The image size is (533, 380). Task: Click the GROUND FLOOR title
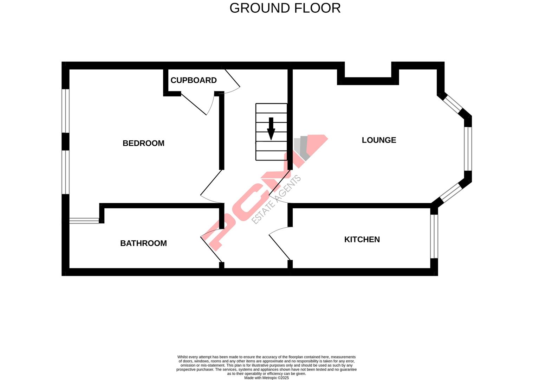click(285, 8)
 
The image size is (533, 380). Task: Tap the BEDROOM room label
click(143, 143)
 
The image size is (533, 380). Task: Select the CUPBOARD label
click(194, 80)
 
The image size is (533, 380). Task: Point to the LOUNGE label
click(379, 140)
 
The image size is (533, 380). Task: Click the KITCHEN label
click(362, 240)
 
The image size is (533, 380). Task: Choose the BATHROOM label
click(143, 243)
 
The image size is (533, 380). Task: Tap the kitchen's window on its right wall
click(434, 236)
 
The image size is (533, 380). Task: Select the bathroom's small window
click(84, 221)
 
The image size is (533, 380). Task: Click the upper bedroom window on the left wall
click(65, 111)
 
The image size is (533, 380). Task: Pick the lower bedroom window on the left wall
click(65, 172)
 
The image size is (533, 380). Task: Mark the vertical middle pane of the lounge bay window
click(468, 149)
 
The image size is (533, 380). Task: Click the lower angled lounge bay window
click(451, 192)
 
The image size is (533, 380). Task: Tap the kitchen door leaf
click(280, 248)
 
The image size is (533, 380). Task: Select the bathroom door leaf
click(211, 249)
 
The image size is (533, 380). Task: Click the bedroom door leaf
click(211, 182)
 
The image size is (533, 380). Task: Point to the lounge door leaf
click(280, 182)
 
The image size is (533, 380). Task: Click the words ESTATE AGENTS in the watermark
click(277, 199)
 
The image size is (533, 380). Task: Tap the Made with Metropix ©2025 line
click(266, 378)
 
